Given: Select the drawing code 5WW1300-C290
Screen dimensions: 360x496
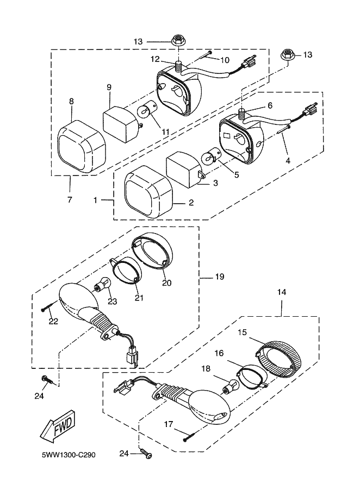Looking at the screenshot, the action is pos(69,455).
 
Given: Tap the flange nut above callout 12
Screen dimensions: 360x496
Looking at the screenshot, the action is pos(178,40).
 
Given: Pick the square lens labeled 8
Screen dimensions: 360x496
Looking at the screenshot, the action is pos(80,147).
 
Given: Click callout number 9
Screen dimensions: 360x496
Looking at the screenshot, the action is pos(109,87).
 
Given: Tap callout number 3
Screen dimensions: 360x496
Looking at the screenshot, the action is pos(215,183).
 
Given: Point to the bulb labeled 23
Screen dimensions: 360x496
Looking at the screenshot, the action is pos(102,284).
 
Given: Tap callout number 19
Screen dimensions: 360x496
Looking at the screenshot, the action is pos(219,277).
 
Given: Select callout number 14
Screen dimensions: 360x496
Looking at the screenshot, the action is pos(282,292).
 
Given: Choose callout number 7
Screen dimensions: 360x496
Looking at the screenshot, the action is pos(70,199).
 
